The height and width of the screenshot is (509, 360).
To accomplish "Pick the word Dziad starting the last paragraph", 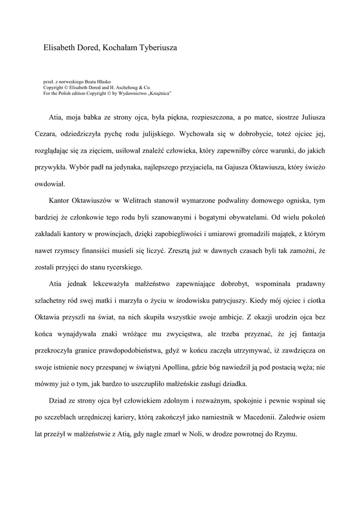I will click(x=58, y=400).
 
